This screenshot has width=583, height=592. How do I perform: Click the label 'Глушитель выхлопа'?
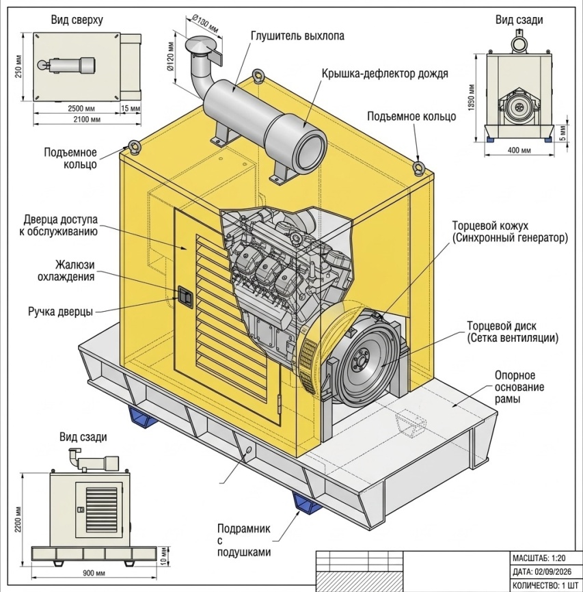tap(297, 36)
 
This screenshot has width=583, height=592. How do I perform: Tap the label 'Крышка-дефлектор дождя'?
tap(385, 73)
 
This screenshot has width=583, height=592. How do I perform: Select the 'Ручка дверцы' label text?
tap(60, 312)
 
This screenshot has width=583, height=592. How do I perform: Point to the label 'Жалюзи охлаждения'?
tap(66, 271)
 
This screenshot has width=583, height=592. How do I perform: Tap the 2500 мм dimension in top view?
tap(81, 109)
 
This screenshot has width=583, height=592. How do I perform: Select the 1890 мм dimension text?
tap(471, 97)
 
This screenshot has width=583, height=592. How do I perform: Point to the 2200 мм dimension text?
tap(17, 520)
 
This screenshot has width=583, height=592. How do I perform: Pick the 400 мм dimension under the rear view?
tap(519, 150)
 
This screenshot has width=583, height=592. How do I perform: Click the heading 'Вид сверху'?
tap(77, 20)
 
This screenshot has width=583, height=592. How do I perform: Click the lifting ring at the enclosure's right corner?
tap(418, 167)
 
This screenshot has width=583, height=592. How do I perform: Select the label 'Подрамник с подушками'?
tap(244, 540)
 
